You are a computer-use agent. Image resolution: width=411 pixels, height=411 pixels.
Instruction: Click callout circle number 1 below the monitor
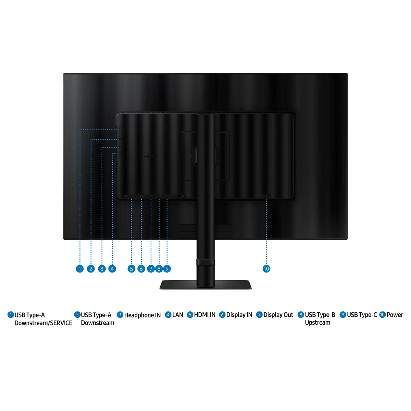tap(80, 269)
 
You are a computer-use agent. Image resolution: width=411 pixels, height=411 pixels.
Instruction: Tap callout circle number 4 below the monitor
tap(112, 269)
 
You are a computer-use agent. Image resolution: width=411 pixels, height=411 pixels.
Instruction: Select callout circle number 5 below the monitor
tap(132, 269)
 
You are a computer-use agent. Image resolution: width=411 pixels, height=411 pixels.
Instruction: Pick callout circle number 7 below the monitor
tap(151, 269)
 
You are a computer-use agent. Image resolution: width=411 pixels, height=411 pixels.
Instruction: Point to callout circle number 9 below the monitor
tap(167, 269)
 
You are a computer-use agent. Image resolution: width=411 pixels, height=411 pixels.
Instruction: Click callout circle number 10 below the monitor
tap(266, 269)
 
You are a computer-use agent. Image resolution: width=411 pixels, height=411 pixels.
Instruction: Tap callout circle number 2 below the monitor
tap(91, 269)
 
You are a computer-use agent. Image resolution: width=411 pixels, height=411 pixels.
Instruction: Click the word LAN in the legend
tap(178, 315)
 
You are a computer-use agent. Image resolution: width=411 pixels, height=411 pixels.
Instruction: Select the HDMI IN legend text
tap(205, 315)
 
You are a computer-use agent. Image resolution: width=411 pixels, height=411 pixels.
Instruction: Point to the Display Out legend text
tap(278, 315)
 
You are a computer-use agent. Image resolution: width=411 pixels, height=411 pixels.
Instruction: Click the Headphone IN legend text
tap(142, 315)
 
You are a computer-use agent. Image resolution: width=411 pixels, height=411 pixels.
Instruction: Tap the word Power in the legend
tap(395, 315)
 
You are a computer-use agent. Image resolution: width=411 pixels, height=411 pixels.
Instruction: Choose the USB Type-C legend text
tap(362, 315)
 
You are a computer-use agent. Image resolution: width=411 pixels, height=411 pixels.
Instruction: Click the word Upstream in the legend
tap(317, 323)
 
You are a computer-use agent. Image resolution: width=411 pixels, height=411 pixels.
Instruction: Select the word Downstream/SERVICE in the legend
tap(43, 323)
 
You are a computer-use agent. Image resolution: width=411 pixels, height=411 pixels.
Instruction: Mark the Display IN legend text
tap(239, 315)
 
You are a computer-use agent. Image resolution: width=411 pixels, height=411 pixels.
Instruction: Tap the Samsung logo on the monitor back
tap(150, 156)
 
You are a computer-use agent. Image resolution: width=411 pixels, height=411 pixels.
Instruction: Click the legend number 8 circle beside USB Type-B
tap(301, 315)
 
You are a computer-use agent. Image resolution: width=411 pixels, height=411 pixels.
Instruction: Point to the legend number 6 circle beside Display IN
tap(222, 315)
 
